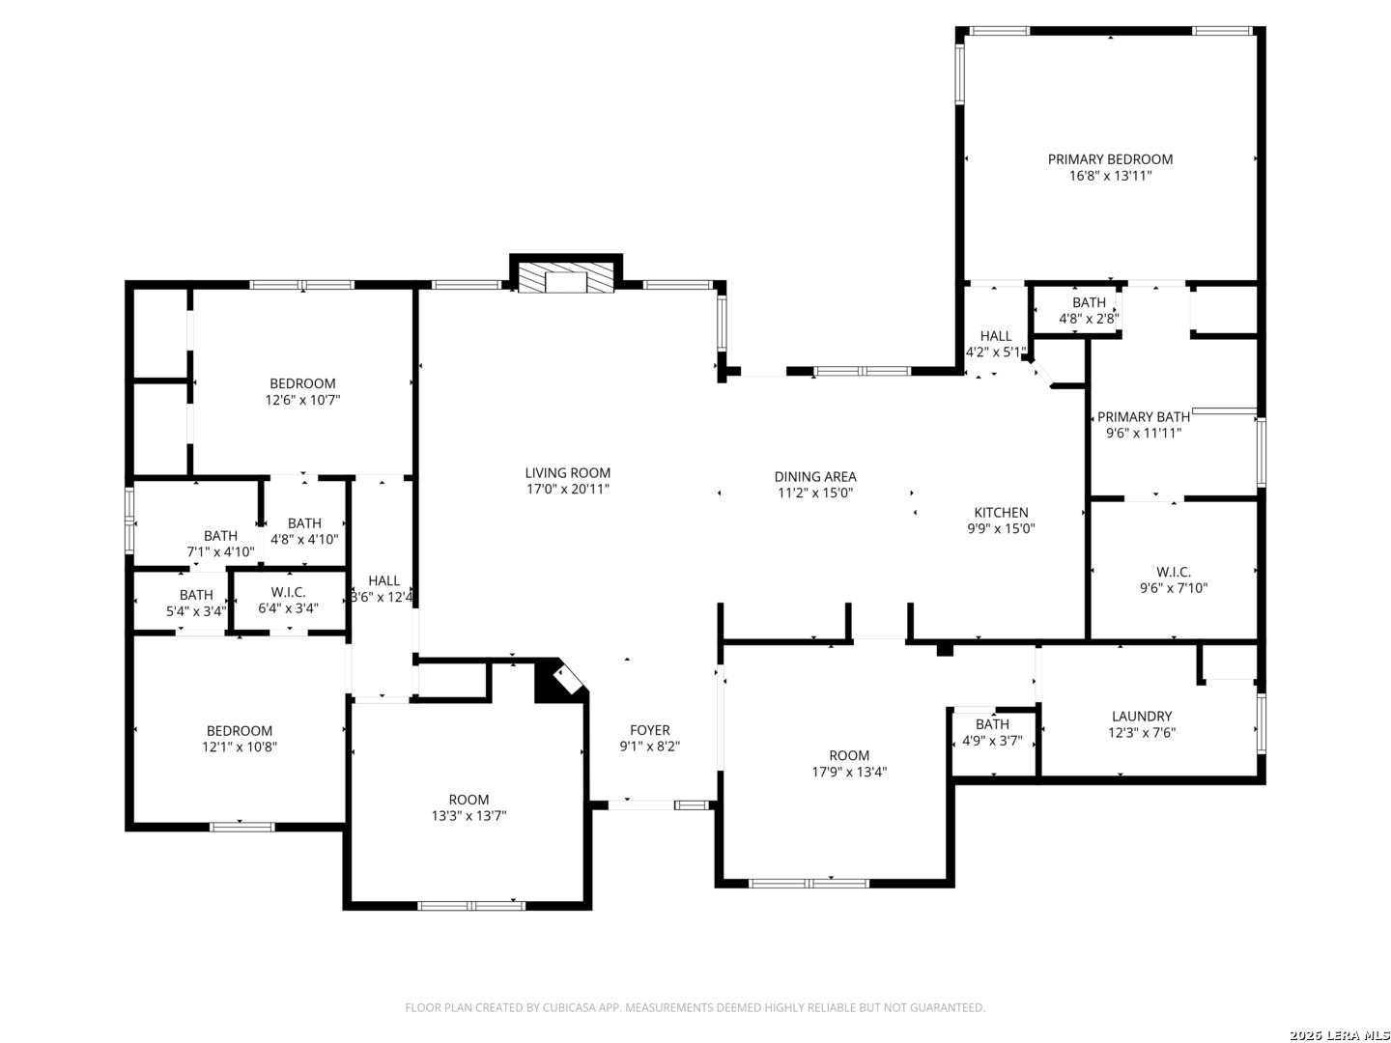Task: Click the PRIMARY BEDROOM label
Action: [1110, 159]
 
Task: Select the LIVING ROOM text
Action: [567, 472]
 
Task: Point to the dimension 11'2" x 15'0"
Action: [815, 493]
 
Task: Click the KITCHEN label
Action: [1001, 512]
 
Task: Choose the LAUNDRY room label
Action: [1142, 717]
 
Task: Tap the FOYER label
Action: [649, 730]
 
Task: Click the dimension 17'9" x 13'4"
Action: [849, 772]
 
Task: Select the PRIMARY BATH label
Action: [1143, 416]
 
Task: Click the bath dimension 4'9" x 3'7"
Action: [992, 741]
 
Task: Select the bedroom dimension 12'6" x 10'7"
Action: [303, 400]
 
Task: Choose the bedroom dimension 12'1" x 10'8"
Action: [240, 747]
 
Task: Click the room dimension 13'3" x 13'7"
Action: [468, 816]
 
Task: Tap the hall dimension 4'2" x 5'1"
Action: [996, 352]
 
